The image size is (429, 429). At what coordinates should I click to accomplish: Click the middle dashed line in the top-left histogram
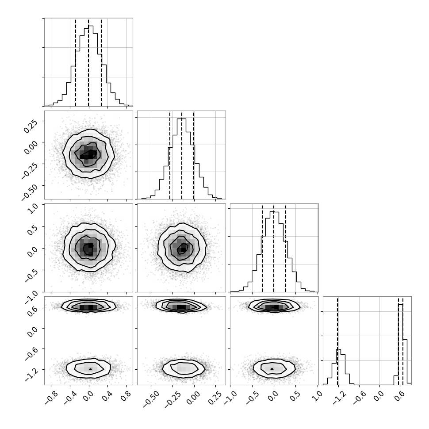tap(88, 63)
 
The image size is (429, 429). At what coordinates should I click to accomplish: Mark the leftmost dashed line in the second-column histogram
tap(170, 155)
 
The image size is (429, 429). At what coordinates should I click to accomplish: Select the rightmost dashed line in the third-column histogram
tap(286, 249)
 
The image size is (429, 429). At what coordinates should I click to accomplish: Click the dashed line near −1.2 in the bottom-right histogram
tap(337, 341)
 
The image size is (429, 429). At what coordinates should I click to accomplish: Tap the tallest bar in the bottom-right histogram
tap(401, 345)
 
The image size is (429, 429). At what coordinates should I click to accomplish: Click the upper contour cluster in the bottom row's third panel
tap(274, 306)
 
